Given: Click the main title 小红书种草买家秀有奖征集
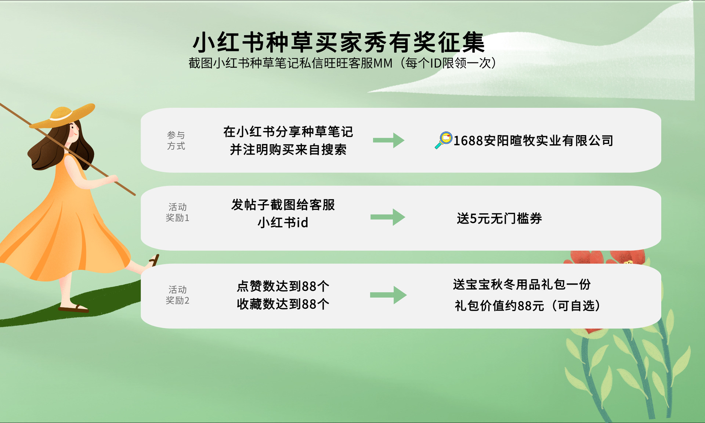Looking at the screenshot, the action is coord(339,43).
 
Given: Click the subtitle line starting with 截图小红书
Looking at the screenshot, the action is coord(342,63).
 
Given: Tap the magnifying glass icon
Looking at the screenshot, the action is coord(444,140).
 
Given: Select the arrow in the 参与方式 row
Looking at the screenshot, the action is coord(388,140).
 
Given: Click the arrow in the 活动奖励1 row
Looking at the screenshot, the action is coord(388,217).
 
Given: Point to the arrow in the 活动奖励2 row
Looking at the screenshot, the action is coord(388,295).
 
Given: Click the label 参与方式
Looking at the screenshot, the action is coord(176,141).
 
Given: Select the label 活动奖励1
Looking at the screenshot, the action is coord(177,212).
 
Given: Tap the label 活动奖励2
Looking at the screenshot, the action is coord(177,295).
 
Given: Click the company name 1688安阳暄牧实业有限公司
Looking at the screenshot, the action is coord(533,141).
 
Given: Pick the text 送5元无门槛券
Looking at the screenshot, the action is coord(499,218).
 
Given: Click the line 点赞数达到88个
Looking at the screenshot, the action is coord(283,286).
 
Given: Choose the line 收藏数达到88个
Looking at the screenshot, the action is coord(283,304).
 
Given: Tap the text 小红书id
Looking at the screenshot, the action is coord(283,223).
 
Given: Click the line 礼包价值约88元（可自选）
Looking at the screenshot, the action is coord(527,305).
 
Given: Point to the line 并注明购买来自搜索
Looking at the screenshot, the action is coord(288,149).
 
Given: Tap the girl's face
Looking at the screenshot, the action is coord(73,130).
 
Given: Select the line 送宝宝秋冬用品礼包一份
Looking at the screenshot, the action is coord(522,284).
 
